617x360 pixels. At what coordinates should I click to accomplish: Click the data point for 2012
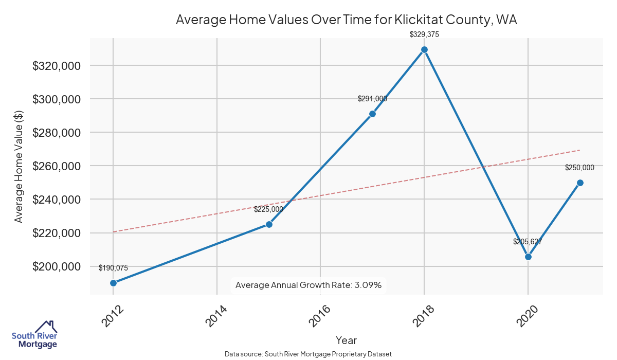[x=113, y=283]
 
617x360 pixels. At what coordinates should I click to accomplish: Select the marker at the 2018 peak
[x=424, y=49]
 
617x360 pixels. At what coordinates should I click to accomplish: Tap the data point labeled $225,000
[x=269, y=224]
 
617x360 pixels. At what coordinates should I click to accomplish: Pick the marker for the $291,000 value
[x=372, y=114]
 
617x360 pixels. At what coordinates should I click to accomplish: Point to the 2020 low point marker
[x=528, y=257]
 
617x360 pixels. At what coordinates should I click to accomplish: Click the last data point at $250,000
[x=580, y=183]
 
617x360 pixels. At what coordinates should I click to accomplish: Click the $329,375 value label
[x=424, y=34]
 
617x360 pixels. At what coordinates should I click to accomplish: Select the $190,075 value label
[x=113, y=267]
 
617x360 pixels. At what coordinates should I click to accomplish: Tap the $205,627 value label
[x=528, y=241]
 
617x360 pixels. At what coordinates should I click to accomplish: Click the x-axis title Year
[x=346, y=340]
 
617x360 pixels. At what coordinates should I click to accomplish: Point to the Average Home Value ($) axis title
[x=19, y=167]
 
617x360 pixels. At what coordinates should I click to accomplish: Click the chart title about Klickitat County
[x=346, y=20]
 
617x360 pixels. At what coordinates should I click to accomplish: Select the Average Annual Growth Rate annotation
[x=308, y=285]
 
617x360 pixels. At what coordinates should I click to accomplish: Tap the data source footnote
[x=308, y=354]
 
